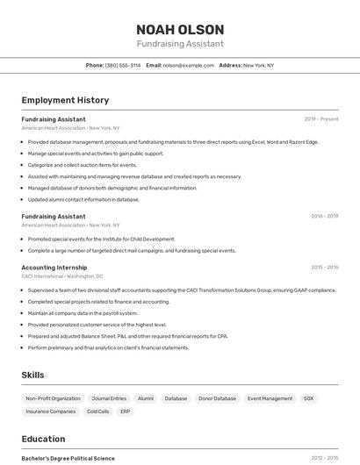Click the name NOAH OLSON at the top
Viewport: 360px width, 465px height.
(180, 29)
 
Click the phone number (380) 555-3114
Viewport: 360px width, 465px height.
(122, 65)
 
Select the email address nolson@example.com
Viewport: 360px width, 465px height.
(188, 65)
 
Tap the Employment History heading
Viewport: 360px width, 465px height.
(65, 100)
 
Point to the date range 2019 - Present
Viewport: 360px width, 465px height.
(320, 118)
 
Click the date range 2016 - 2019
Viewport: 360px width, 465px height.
(324, 216)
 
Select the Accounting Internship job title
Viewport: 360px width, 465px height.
(54, 267)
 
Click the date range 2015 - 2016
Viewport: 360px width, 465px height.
(324, 267)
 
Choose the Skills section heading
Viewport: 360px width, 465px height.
(32, 375)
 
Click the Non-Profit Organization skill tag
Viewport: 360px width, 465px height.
(53, 398)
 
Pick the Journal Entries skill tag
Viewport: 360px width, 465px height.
(109, 398)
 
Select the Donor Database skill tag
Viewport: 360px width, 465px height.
(217, 398)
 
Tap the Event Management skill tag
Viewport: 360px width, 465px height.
(270, 398)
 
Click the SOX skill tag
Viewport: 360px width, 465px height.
(308, 398)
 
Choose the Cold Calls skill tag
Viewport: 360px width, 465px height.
(97, 411)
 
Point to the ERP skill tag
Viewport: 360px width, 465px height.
(126, 411)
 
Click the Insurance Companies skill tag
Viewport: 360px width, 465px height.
(50, 411)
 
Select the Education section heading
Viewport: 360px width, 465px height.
(43, 439)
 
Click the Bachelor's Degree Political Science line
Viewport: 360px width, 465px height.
(68, 458)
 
